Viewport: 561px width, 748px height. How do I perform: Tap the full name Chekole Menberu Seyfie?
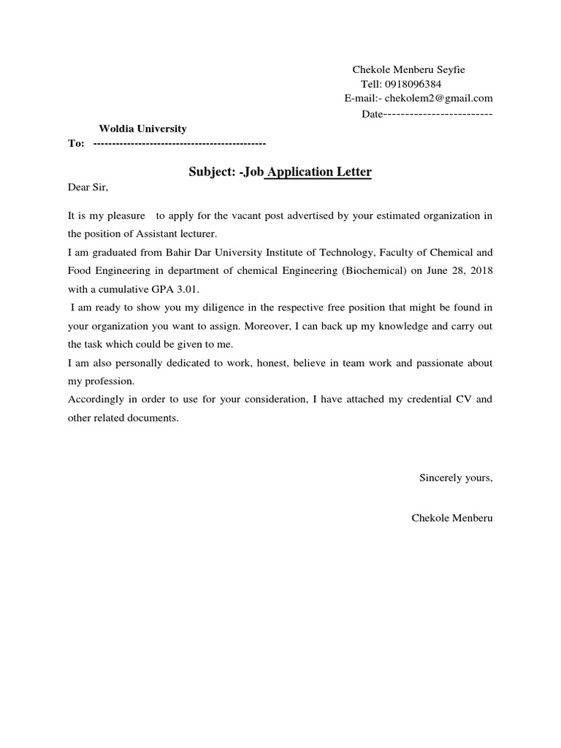click(408, 69)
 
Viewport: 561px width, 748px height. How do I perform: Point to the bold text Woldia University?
click(143, 129)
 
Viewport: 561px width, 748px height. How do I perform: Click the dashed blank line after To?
click(180, 143)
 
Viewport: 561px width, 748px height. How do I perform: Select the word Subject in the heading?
click(211, 172)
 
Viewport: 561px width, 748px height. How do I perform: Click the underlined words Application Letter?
click(321, 172)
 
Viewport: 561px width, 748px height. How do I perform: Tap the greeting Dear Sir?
click(88, 188)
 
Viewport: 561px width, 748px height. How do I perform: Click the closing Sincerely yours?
click(456, 478)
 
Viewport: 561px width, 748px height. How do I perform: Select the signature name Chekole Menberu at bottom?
click(452, 518)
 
